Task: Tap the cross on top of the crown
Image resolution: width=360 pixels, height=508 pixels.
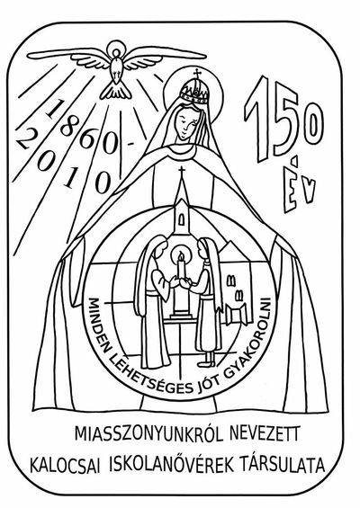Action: [x=197, y=74]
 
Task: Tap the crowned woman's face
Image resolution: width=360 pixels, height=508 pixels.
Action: [x=184, y=122]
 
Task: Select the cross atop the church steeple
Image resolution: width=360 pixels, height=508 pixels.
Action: [x=182, y=172]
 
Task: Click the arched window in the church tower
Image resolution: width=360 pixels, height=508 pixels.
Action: [x=182, y=218]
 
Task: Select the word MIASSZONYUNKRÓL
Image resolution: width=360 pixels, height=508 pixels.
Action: [x=149, y=434]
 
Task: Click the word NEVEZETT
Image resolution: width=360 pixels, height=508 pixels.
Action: [x=264, y=433]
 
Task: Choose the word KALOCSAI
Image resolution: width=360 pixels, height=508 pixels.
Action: [x=67, y=465]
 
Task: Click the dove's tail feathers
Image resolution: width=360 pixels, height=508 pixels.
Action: [x=116, y=92]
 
